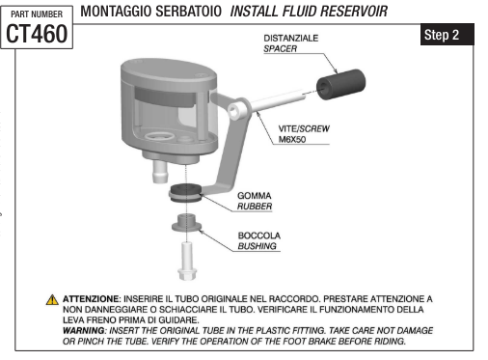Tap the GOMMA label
(253, 195)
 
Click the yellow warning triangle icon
(53, 300)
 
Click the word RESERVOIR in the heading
(351, 13)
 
